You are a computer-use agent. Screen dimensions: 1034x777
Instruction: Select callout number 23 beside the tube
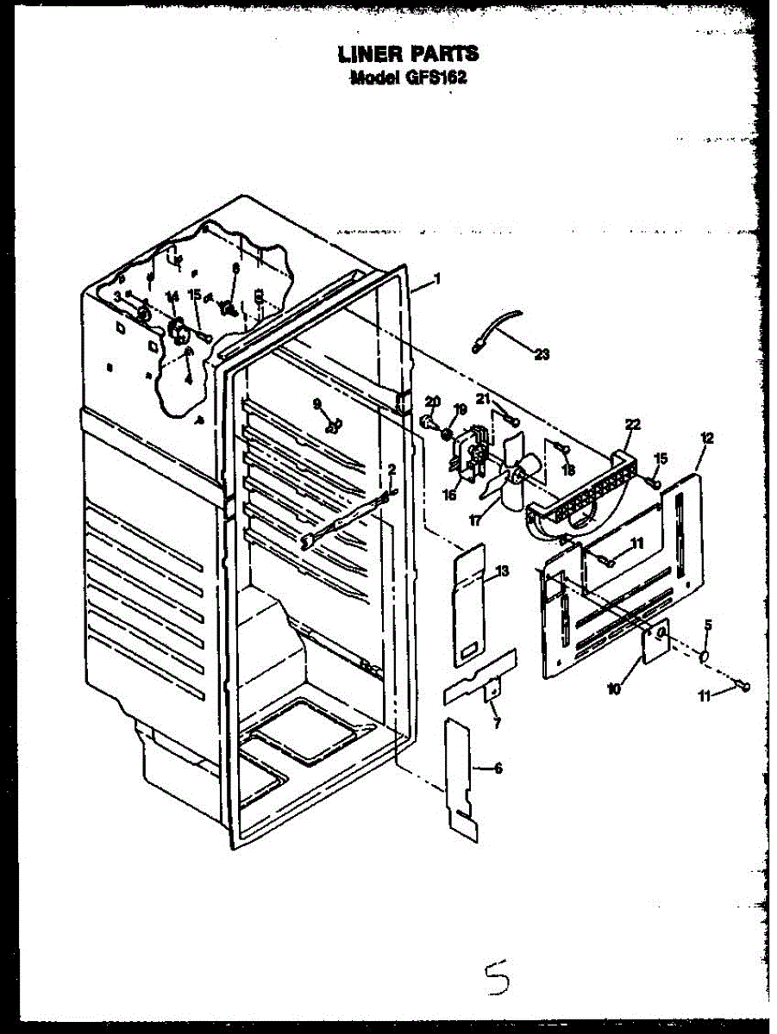[x=542, y=353]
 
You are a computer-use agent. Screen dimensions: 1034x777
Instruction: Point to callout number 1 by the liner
[x=437, y=278]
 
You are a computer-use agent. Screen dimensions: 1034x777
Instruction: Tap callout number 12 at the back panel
[x=707, y=438]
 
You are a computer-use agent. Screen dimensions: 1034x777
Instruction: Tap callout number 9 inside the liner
[x=317, y=403]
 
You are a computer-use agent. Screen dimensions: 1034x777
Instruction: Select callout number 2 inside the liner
[x=392, y=469]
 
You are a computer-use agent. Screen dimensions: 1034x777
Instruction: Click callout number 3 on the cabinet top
[x=117, y=296]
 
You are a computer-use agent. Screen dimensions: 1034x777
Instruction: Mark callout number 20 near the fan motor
[x=433, y=401]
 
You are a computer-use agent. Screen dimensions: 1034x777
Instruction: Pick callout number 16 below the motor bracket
[x=448, y=495]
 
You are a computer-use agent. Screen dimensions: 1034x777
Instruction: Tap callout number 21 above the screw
[x=483, y=397]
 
